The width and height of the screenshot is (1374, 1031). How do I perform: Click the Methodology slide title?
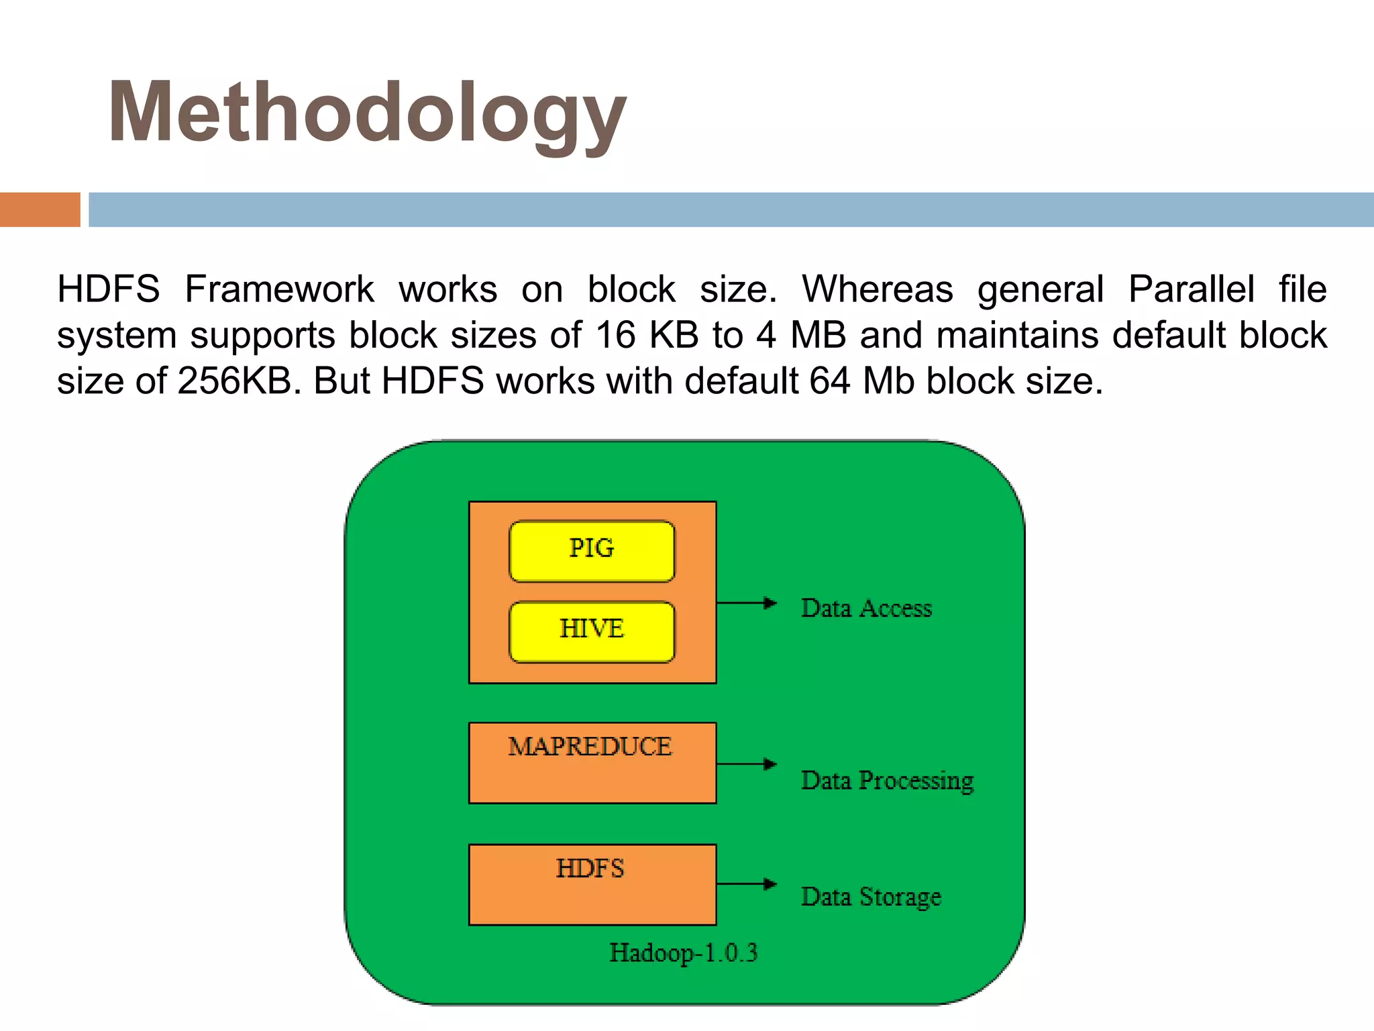tap(366, 113)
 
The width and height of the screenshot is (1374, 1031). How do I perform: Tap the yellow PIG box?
tap(592, 550)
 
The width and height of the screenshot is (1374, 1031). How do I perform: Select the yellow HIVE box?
tap(592, 631)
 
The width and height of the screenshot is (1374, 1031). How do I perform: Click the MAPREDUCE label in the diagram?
tap(590, 746)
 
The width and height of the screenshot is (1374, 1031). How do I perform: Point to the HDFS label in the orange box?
tap(590, 869)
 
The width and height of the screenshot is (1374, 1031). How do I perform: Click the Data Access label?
tap(866, 608)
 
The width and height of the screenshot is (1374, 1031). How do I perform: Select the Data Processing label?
tap(887, 781)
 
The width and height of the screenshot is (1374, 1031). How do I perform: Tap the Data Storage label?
tap(871, 897)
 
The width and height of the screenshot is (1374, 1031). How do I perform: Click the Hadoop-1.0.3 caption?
tap(683, 952)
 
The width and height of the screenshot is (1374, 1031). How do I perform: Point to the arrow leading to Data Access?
tap(746, 603)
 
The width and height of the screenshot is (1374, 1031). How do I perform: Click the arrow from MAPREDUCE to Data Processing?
tap(746, 764)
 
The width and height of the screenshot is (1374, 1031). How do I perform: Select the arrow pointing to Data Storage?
tap(746, 884)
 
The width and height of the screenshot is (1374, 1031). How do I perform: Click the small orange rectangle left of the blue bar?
tap(40, 209)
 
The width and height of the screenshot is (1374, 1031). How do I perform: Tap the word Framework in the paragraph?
tap(279, 289)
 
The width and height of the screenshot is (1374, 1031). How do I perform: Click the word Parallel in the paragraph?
tap(1191, 289)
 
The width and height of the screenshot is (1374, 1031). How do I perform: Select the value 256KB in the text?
tap(235, 381)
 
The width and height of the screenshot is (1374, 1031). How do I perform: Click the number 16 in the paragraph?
tap(615, 335)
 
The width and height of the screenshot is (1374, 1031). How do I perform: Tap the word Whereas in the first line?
tap(878, 289)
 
